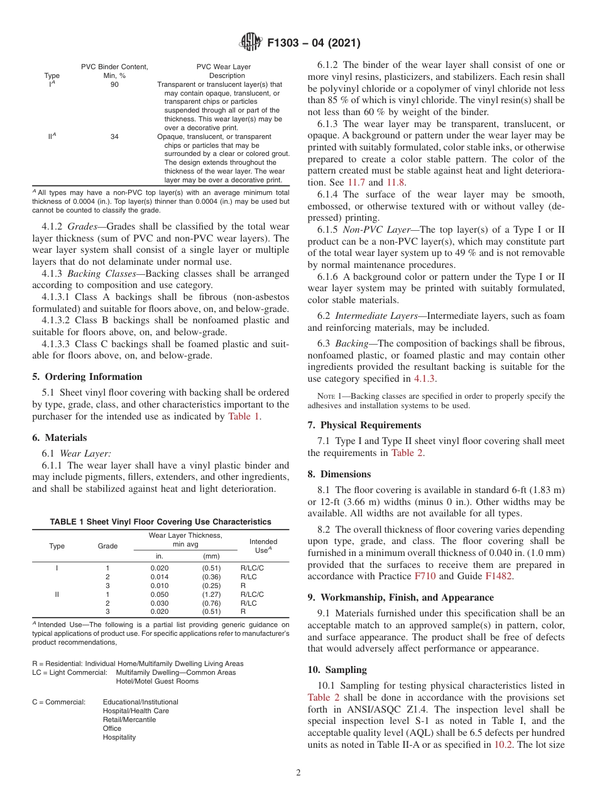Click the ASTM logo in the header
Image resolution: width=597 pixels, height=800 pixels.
click(x=252, y=43)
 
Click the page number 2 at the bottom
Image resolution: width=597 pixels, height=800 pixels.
click(x=298, y=772)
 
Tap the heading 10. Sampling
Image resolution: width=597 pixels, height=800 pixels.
click(x=337, y=669)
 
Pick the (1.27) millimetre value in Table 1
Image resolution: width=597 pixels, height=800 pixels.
click(x=211, y=594)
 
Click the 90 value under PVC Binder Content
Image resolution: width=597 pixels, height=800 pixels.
click(x=114, y=84)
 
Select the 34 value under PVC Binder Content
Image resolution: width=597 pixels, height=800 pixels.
click(x=114, y=136)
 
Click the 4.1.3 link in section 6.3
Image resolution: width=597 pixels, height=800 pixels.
click(x=424, y=379)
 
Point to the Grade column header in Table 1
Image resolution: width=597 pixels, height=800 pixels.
click(x=107, y=546)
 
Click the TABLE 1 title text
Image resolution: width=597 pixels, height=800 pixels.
click(x=160, y=521)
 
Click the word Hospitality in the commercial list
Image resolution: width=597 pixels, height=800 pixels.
click(x=119, y=737)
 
